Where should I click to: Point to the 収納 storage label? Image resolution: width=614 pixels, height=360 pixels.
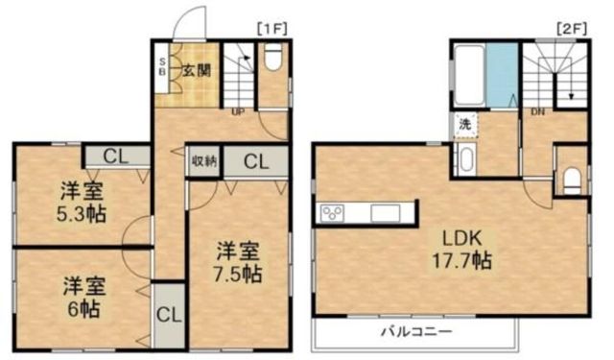pyautogui.click(x=203, y=161)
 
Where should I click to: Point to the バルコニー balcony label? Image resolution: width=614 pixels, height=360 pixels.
pyautogui.click(x=417, y=331)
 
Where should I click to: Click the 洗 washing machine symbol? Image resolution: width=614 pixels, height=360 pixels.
pyautogui.click(x=464, y=124)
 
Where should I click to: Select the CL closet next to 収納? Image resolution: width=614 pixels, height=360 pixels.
pyautogui.click(x=254, y=161)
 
